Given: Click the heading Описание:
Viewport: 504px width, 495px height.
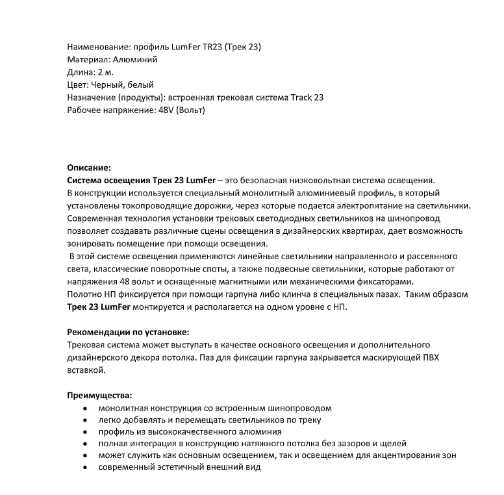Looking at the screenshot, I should click(89, 168).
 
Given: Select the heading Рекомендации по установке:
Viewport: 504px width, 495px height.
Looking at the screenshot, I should click(128, 331).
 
